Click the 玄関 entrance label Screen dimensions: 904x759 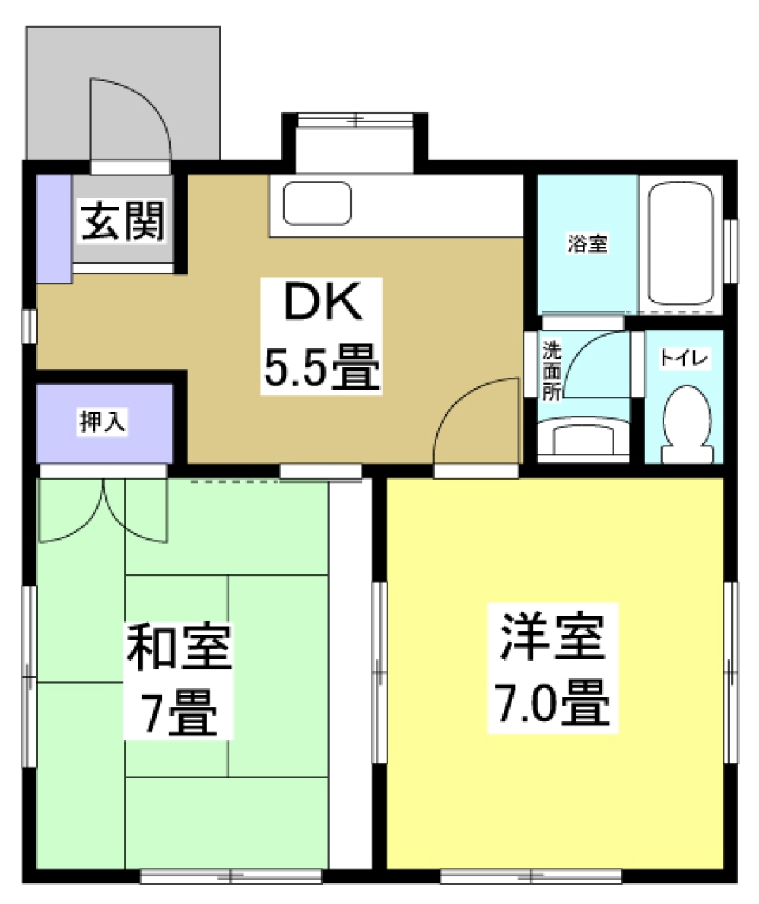(123, 222)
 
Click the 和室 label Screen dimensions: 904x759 (179, 646)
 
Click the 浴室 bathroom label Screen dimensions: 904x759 (587, 244)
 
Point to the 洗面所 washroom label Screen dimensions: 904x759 (551, 370)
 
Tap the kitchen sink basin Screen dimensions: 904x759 (317, 203)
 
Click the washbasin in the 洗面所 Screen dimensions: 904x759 (583, 439)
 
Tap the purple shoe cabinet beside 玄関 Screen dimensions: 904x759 (55, 227)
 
